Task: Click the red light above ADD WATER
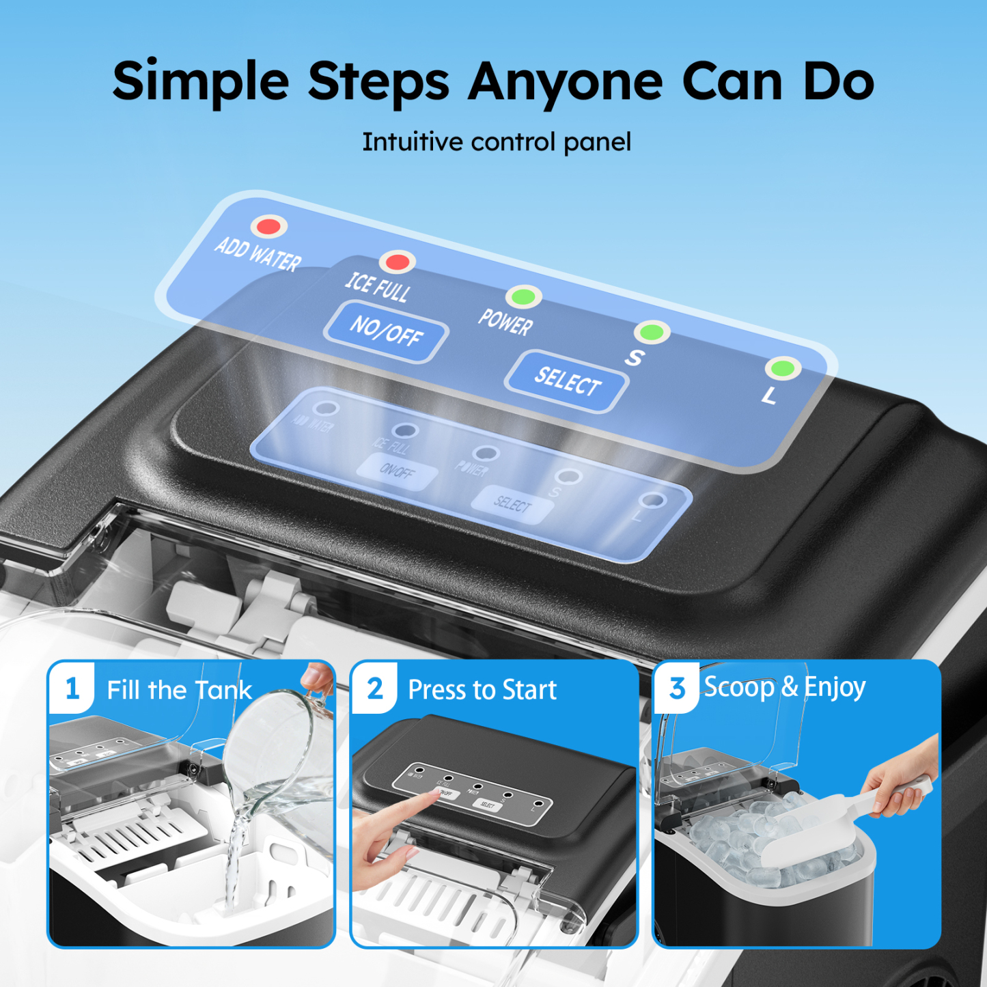tap(268, 226)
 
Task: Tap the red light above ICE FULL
tap(397, 262)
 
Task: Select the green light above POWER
tap(523, 297)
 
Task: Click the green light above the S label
tap(652, 333)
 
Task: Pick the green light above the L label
tap(782, 369)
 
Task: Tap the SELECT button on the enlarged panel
tap(567, 381)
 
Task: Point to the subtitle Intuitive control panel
tap(496, 142)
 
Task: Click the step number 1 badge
tap(72, 689)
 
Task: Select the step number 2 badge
tap(375, 689)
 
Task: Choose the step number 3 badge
tap(677, 689)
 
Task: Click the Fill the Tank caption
tap(179, 690)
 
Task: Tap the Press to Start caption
tap(482, 690)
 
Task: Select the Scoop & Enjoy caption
tap(784, 687)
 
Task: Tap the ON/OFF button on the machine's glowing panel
tap(397, 471)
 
